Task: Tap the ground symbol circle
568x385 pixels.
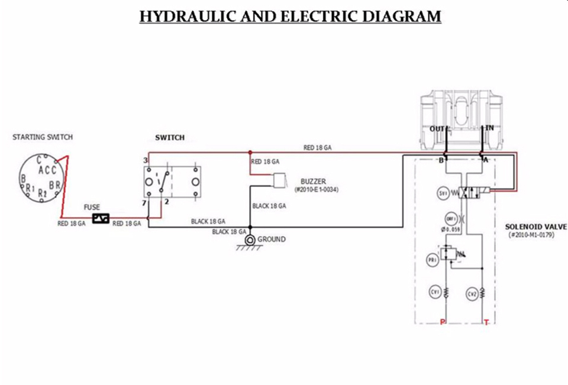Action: tap(250, 240)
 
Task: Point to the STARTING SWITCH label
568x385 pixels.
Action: tap(43, 137)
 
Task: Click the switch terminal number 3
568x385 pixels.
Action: tap(145, 160)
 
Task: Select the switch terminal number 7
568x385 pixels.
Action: tap(144, 203)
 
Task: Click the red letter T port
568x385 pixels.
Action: tap(486, 322)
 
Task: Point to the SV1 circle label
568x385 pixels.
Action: tap(443, 193)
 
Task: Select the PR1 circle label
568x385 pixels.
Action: tap(433, 259)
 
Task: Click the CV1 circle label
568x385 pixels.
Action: tap(435, 292)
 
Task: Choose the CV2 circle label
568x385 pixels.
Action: tap(472, 293)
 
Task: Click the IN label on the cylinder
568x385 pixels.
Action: tap(489, 128)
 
